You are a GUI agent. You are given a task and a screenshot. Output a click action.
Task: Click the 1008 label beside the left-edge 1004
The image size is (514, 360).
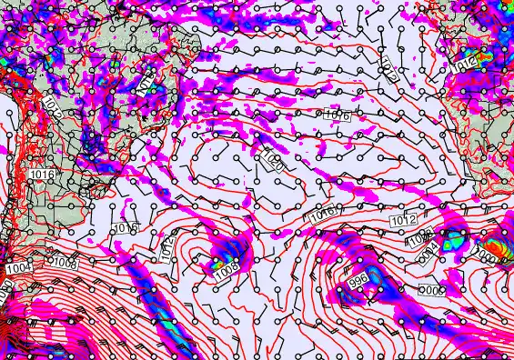tap(64, 263)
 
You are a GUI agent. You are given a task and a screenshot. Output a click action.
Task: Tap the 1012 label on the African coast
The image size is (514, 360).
tap(465, 65)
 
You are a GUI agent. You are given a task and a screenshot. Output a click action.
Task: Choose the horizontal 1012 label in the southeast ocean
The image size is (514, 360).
tap(403, 221)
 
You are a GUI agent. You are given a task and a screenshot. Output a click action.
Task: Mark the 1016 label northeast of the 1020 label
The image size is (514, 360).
tap(338, 114)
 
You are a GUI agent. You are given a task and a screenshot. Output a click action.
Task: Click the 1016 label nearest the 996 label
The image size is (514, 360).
tap(323, 215)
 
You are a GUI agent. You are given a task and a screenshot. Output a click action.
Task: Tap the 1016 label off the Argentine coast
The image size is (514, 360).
tap(126, 227)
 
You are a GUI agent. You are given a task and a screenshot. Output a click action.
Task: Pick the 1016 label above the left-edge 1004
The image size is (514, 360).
tap(41, 174)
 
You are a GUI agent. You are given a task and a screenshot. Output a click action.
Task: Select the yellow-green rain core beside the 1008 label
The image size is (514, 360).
tap(217, 265)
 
